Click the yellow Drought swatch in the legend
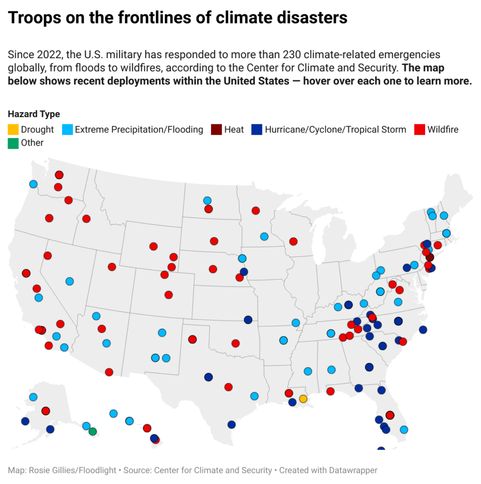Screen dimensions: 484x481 (x=13, y=129)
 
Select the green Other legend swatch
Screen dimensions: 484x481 (x=13, y=143)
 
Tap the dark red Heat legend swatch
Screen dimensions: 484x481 (x=217, y=129)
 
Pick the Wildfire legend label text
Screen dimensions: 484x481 (x=442, y=129)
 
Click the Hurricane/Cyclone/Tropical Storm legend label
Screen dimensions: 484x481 (x=335, y=129)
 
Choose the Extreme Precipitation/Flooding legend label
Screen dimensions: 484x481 (x=139, y=129)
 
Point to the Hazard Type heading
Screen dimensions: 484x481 (x=34, y=114)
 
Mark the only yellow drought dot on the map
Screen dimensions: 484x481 (x=303, y=399)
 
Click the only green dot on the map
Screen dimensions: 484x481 (x=93, y=432)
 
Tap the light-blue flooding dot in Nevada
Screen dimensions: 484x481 (x=70, y=281)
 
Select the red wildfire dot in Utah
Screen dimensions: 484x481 (x=112, y=267)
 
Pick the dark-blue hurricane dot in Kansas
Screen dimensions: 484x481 (x=248, y=320)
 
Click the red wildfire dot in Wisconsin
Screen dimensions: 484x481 (x=293, y=242)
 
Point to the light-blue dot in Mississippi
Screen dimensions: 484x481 (x=308, y=372)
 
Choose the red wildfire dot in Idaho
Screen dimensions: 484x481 (x=86, y=218)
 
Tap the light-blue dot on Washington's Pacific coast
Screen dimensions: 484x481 (x=33, y=184)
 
